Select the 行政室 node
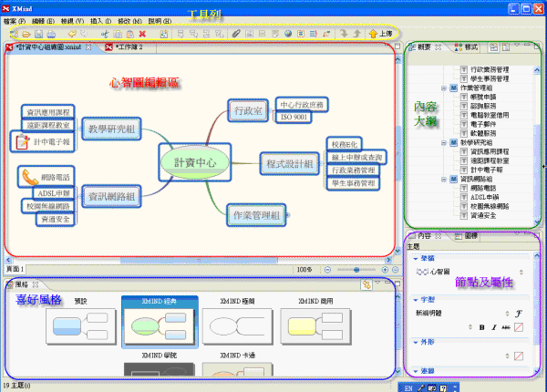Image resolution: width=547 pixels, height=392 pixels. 248,111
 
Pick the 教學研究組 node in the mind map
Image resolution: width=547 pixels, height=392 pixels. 113,129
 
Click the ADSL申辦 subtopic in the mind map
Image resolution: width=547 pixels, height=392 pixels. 53,193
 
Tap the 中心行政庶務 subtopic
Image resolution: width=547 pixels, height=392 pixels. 302,104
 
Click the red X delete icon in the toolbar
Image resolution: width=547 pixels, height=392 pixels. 142,33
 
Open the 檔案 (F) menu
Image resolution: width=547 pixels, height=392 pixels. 15,19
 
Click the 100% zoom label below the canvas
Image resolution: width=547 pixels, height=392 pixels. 304,270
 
